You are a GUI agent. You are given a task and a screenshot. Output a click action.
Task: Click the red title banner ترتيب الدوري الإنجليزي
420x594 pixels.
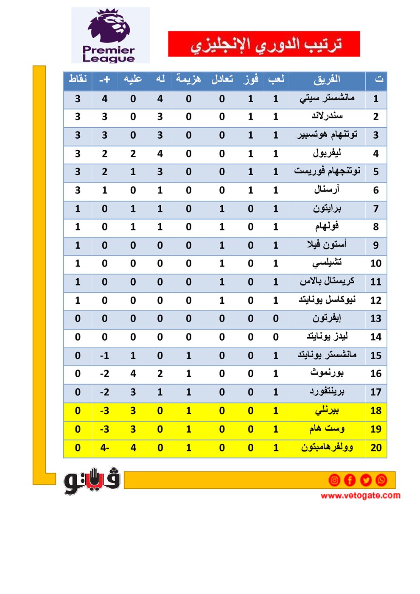pos(264,44)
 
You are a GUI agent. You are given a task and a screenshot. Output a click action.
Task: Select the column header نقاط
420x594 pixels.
pos(78,79)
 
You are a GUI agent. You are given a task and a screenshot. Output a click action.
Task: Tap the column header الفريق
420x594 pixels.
pos(327,79)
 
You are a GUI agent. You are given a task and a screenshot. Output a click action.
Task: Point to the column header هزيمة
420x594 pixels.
pos(188,79)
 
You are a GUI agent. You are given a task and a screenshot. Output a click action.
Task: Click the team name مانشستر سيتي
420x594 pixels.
pos(327,98)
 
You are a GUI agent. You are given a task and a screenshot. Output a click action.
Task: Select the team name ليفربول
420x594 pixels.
pos(327,153)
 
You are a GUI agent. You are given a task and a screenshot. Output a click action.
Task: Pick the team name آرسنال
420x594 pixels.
pos(327,190)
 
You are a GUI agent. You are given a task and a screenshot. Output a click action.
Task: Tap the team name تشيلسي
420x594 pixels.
pos(327,263)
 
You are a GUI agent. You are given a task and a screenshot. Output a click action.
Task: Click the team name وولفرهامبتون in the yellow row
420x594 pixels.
pos(327,448)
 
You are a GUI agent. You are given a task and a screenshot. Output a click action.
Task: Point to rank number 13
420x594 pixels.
pos(376,319)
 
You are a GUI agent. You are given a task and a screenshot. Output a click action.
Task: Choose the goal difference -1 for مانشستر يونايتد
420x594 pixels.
pos(104,356)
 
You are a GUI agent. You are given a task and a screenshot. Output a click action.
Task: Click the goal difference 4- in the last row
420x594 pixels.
pos(104,448)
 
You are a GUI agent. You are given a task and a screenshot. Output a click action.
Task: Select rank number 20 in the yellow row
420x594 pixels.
pos(376,448)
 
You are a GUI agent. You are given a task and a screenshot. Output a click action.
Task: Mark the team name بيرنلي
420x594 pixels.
pos(327,411)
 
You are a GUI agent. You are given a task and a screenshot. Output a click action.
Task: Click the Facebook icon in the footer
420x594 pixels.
pos(350,480)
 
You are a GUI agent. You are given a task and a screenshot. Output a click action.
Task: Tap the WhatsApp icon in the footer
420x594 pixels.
pos(381,480)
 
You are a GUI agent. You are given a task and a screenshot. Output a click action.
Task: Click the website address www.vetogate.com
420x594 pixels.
pos(360,495)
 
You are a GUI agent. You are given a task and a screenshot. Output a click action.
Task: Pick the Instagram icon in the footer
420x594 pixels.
pos(334,480)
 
